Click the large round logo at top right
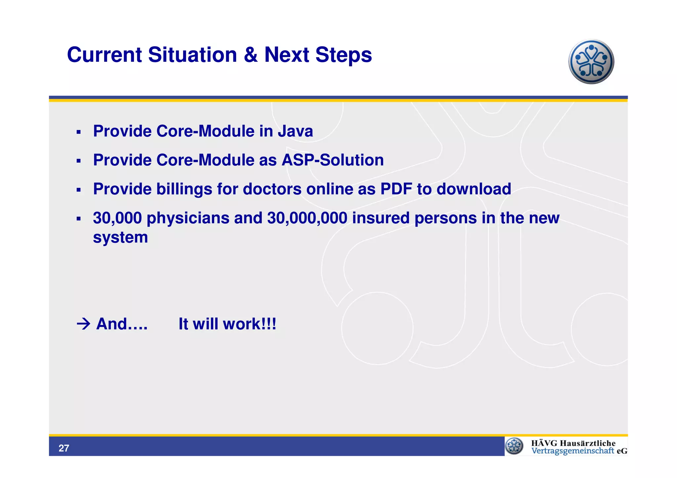coord(591,62)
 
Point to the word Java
coord(295,131)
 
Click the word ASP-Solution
coord(333,160)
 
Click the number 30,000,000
coord(307,218)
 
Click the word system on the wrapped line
coord(120,238)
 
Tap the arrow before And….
coord(83,324)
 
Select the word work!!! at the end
coord(250,324)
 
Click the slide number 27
coord(64,448)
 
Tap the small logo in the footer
coord(514,446)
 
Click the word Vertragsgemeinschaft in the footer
coord(573,451)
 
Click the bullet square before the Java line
coord(78,132)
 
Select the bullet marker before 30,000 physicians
coord(78,219)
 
